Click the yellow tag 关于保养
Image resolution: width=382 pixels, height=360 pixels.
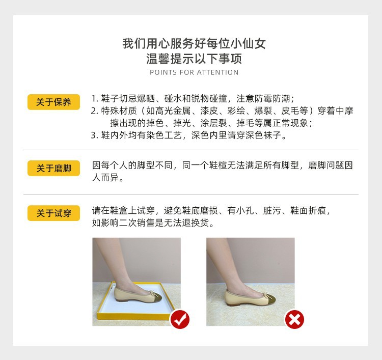[x=53, y=102]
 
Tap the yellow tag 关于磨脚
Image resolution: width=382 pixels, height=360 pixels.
[x=53, y=168]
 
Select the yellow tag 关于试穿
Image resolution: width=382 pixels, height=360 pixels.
[x=53, y=213]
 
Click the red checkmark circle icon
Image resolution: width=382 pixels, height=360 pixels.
[x=179, y=319]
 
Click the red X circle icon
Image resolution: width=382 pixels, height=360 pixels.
[x=294, y=319]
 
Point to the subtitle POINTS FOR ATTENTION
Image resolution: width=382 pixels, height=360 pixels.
[x=194, y=72]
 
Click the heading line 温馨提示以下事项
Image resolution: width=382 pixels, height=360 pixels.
[x=194, y=58]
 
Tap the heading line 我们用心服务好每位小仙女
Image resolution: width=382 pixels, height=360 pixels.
[x=194, y=43]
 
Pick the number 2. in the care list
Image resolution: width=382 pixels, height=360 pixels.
[x=95, y=111]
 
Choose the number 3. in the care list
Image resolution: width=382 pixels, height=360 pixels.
[x=95, y=135]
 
